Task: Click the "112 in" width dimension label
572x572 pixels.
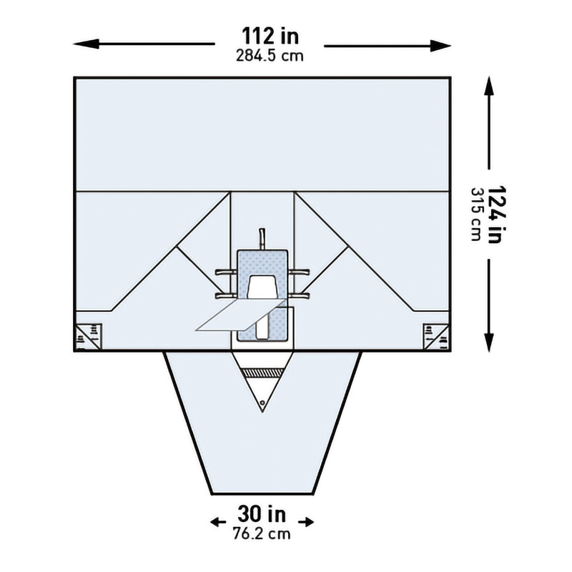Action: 270,36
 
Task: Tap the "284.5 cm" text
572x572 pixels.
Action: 270,56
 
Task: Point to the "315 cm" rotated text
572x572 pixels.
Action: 476,214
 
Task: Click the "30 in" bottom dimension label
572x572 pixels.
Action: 262,513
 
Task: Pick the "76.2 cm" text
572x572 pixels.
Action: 262,533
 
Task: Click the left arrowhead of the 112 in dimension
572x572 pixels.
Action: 86,44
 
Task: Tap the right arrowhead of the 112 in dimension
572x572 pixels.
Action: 440,46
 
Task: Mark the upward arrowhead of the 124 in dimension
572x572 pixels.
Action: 489,86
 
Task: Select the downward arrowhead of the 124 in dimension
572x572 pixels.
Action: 489,342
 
